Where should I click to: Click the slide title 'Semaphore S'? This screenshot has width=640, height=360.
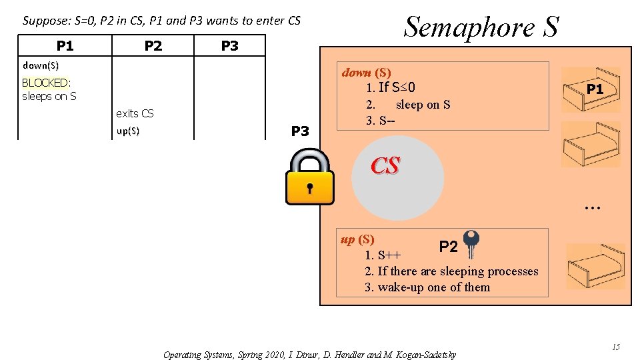point(481,27)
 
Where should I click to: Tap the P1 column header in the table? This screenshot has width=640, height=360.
point(65,45)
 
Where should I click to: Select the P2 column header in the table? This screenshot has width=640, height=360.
point(153,45)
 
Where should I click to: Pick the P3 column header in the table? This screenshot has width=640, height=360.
point(229,45)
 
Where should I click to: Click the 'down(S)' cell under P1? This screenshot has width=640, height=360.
point(41,65)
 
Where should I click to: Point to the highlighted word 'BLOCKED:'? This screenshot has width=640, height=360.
point(46,83)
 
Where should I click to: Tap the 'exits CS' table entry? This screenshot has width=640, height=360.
point(135,113)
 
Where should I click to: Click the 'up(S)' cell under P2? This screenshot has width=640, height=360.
point(128,131)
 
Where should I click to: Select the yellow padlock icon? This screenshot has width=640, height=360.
point(309,177)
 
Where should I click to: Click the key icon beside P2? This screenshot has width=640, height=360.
point(471,243)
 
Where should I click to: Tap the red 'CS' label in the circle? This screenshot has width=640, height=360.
point(385,165)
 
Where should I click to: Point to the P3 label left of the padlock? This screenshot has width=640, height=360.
point(301,131)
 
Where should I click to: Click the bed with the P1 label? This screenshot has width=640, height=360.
point(591,90)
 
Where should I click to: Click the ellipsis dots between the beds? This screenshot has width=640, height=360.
point(591,208)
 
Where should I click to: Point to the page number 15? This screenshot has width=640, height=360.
point(615,347)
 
